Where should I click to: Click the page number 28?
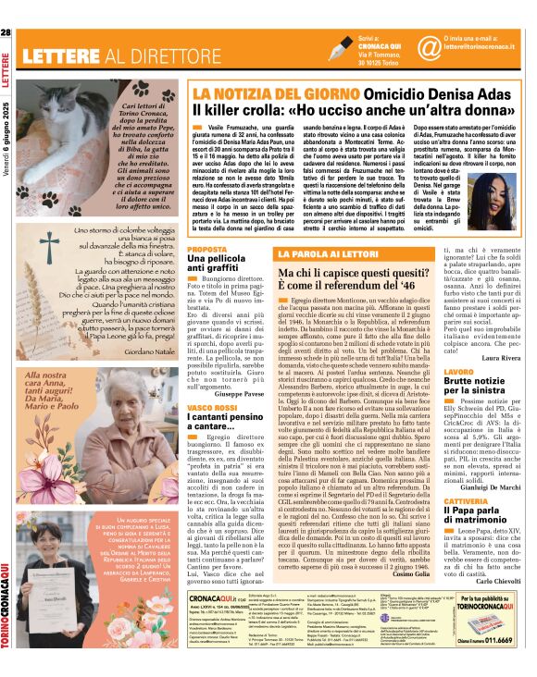[6, 34]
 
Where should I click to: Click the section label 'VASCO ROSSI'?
[210, 407]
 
